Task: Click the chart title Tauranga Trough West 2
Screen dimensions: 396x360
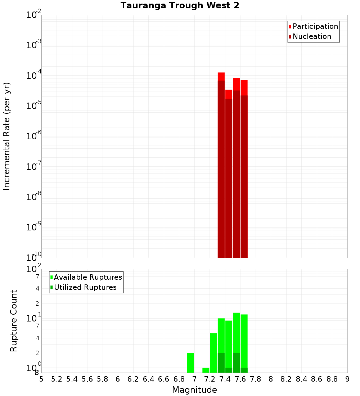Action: pos(180,5)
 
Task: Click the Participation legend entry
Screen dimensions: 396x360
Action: pos(315,26)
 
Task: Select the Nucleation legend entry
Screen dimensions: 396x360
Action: pos(311,36)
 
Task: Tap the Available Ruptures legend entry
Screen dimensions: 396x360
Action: pos(87,277)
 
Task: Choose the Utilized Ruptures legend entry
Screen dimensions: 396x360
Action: pos(85,287)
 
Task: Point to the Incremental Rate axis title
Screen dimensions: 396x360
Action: pos(7,136)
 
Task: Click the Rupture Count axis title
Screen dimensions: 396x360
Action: pos(14,321)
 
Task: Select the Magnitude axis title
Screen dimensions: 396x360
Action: pos(194,390)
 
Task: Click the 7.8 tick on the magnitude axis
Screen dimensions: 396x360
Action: pos(256,379)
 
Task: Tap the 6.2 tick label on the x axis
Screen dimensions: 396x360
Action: pos(133,379)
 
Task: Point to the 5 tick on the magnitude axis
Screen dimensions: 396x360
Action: pos(41,379)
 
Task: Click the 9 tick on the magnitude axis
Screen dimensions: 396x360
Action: pos(347,379)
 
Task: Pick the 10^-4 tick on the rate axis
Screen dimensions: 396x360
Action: pos(34,76)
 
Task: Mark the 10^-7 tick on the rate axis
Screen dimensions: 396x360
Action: pos(34,167)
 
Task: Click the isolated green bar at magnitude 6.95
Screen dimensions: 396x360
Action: pos(191,363)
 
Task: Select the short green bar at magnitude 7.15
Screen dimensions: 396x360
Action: pos(206,370)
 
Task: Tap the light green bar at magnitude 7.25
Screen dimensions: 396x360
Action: pos(213,353)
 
